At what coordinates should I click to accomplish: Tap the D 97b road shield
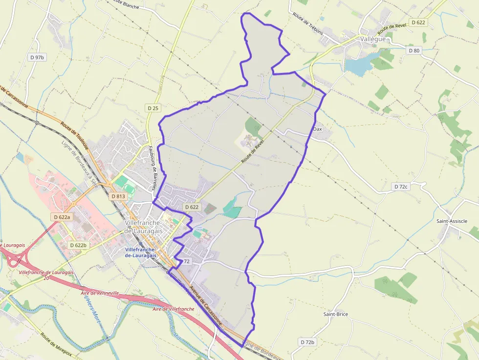click(37, 57)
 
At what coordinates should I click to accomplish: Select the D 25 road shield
click(153, 107)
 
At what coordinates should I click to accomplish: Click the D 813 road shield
click(118, 196)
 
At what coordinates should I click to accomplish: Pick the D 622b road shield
click(78, 245)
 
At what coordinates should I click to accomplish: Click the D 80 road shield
click(414, 50)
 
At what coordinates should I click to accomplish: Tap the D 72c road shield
click(401, 187)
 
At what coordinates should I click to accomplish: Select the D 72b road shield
click(308, 342)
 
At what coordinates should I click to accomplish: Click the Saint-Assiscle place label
click(452, 221)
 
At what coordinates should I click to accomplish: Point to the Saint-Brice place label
click(335, 314)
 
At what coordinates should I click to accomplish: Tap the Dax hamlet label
click(318, 129)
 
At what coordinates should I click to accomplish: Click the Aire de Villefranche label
click(174, 309)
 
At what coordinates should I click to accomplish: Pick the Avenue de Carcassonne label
click(206, 305)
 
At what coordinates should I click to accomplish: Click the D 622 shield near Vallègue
click(418, 22)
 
